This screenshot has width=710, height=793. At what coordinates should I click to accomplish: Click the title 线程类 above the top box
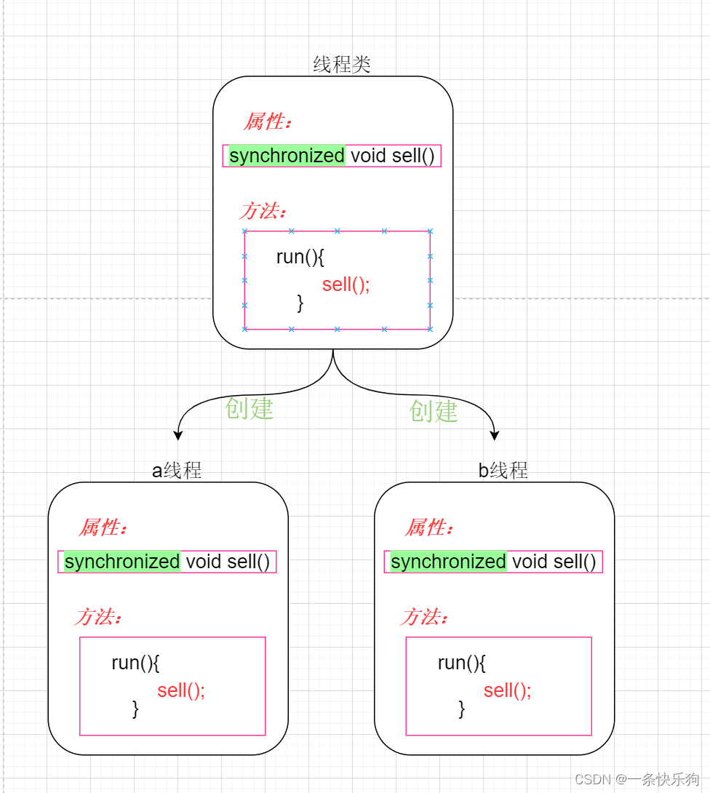pyautogui.click(x=342, y=64)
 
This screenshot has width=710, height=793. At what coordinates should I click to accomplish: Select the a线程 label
pyautogui.click(x=177, y=470)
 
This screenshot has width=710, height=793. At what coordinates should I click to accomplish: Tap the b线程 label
pyautogui.click(x=503, y=470)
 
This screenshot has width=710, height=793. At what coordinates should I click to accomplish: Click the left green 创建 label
pyautogui.click(x=249, y=409)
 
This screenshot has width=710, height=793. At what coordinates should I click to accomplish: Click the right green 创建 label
pyautogui.click(x=434, y=411)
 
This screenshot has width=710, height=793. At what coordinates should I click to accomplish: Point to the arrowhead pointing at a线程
pyautogui.click(x=177, y=435)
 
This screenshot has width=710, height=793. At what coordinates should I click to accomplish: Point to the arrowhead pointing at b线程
pyautogui.click(x=495, y=435)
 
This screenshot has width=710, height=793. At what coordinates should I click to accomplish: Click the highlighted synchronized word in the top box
pyautogui.click(x=287, y=156)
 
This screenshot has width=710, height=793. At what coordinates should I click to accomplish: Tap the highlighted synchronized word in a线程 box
pyautogui.click(x=121, y=562)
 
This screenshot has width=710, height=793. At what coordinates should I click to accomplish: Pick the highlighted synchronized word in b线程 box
pyautogui.click(x=448, y=562)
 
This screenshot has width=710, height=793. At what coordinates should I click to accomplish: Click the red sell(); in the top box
pyautogui.click(x=346, y=284)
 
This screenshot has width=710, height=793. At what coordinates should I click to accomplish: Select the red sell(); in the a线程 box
pyautogui.click(x=181, y=690)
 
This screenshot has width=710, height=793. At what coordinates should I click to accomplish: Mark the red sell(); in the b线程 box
pyautogui.click(x=507, y=690)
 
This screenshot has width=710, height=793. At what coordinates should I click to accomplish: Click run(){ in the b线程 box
pyautogui.click(x=461, y=663)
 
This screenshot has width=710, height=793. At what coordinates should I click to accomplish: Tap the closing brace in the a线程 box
pyautogui.click(x=135, y=709)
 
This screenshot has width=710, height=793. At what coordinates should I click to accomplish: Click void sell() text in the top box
pyautogui.click(x=392, y=156)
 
